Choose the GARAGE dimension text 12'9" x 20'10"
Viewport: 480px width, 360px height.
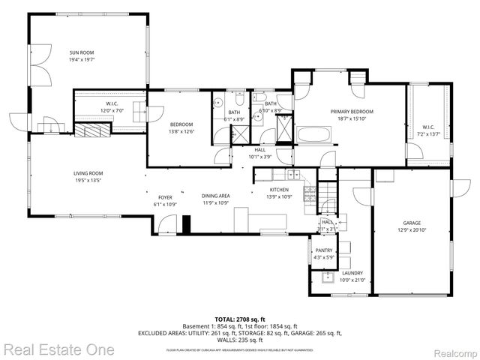tap(412, 230)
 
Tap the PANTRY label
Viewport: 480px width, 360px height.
tap(323, 250)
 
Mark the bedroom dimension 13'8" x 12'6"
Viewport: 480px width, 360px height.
tap(181, 131)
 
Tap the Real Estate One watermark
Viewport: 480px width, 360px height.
tap(58, 349)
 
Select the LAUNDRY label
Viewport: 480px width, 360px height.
tap(352, 273)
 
